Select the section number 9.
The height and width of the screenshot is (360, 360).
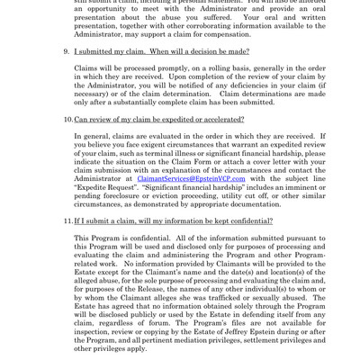click(65, 51)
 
